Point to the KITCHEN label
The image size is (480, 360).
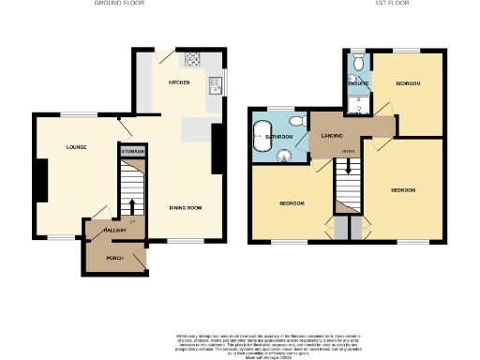(x=179, y=83)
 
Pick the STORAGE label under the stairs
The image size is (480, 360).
(x=132, y=149)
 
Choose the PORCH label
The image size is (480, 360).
(x=115, y=257)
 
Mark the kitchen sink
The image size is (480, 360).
(x=216, y=86)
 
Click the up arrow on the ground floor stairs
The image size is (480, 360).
(x=132, y=205)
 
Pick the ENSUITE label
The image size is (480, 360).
(x=358, y=83)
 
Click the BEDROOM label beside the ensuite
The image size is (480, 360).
(x=407, y=83)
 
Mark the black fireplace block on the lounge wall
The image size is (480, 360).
(x=41, y=180)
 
